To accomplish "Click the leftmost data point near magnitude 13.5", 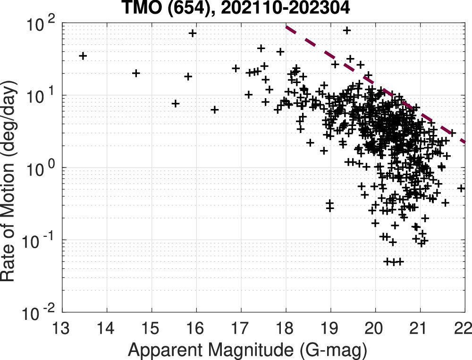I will click(x=83, y=56).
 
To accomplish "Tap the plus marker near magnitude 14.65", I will click(x=136, y=73).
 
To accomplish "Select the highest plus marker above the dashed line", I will click(x=347, y=31).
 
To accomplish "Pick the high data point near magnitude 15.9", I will click(x=192, y=33).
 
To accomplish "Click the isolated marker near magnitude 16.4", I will click(x=214, y=109).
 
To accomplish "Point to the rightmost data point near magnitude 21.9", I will click(x=461, y=188).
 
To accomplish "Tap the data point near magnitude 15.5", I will click(x=176, y=103).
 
